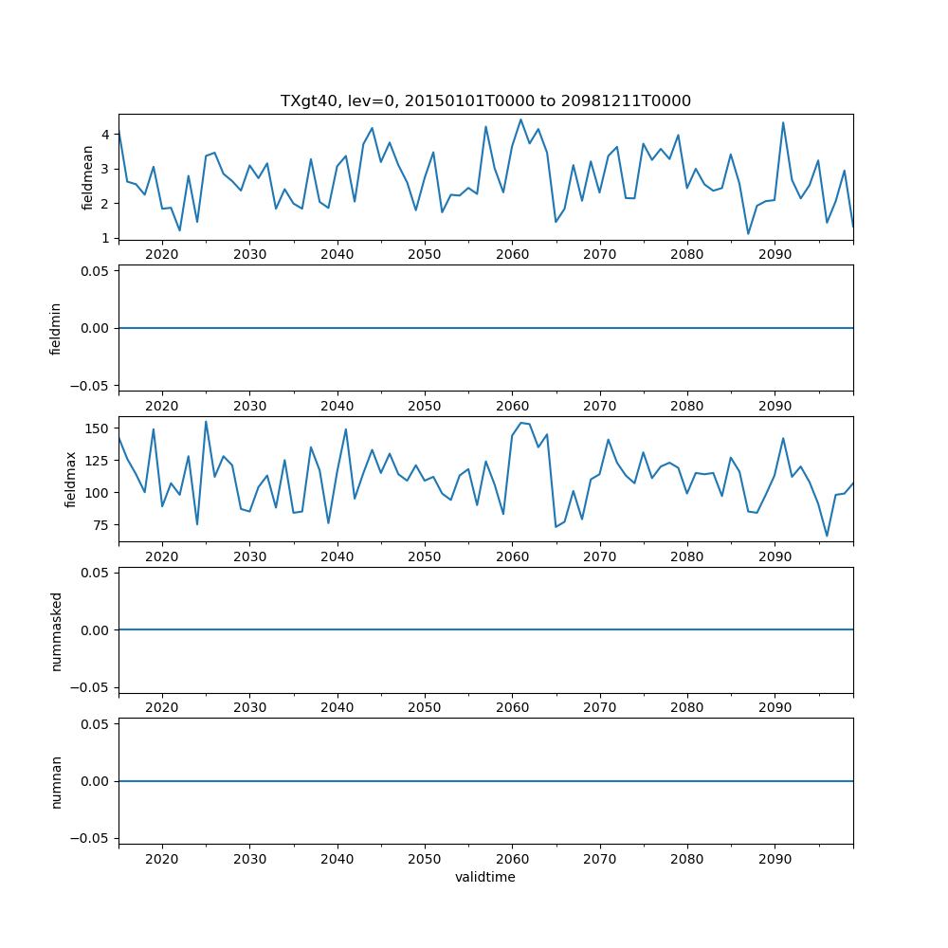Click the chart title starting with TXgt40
(x=485, y=100)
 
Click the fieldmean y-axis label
(x=88, y=177)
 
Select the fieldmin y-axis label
(x=56, y=328)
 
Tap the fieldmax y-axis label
(x=69, y=480)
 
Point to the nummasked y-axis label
(x=56, y=630)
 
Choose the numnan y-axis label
(x=56, y=781)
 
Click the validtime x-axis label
(x=485, y=878)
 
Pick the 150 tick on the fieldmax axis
(x=99, y=428)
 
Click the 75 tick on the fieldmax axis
(x=102, y=525)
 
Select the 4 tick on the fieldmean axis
(x=106, y=135)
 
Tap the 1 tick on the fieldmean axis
(x=106, y=238)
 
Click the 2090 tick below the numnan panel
(x=775, y=859)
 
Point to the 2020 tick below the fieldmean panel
(x=162, y=255)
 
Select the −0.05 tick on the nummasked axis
(x=92, y=687)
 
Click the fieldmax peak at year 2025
(x=206, y=422)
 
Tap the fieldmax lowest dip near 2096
(x=827, y=537)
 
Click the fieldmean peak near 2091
(x=783, y=122)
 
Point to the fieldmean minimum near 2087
(x=748, y=234)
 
